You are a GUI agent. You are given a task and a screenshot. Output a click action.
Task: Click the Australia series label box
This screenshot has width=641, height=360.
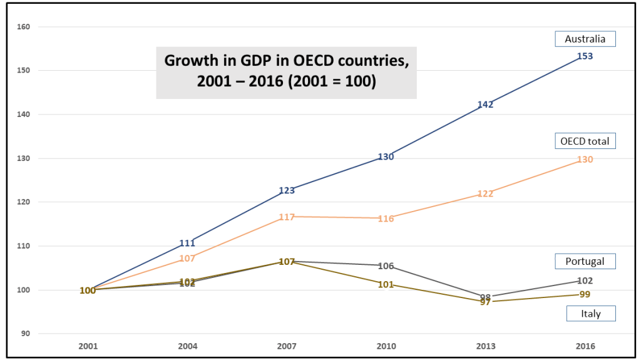[x=585, y=39]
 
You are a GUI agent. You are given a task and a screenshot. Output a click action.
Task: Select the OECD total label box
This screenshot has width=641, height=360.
[x=585, y=141]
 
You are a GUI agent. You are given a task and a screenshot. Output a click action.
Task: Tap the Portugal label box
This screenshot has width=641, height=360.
[x=585, y=261]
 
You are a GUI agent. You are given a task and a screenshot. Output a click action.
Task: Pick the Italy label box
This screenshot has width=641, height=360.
[x=590, y=314]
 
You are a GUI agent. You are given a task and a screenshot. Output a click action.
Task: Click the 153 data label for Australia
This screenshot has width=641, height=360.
[x=585, y=56]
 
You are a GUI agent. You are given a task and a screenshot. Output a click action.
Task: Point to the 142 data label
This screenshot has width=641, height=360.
[x=486, y=105]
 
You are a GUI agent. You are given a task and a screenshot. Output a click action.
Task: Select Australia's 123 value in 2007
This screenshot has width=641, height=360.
[x=287, y=190]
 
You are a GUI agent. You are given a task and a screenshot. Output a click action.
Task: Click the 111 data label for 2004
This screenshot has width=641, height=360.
[x=187, y=243]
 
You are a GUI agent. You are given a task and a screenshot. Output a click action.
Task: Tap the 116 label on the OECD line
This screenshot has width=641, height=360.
[x=386, y=219]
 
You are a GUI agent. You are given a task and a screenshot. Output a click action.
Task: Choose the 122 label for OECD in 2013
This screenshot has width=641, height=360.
[x=486, y=193]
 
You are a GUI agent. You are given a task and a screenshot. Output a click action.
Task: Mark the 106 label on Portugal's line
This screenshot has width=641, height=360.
[x=386, y=265]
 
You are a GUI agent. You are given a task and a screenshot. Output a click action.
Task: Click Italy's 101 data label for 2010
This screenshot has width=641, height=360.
[x=386, y=285]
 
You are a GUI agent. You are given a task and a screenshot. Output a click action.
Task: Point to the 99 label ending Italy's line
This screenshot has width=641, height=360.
[x=585, y=294]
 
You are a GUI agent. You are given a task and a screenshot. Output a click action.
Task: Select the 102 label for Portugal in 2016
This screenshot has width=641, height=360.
[x=585, y=280]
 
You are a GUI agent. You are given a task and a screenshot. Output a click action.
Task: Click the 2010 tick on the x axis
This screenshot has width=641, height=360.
[x=386, y=346]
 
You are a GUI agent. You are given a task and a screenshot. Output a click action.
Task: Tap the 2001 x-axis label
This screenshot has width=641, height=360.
[x=88, y=346]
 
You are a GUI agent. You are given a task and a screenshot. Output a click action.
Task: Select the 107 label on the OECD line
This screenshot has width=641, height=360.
[x=187, y=258]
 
